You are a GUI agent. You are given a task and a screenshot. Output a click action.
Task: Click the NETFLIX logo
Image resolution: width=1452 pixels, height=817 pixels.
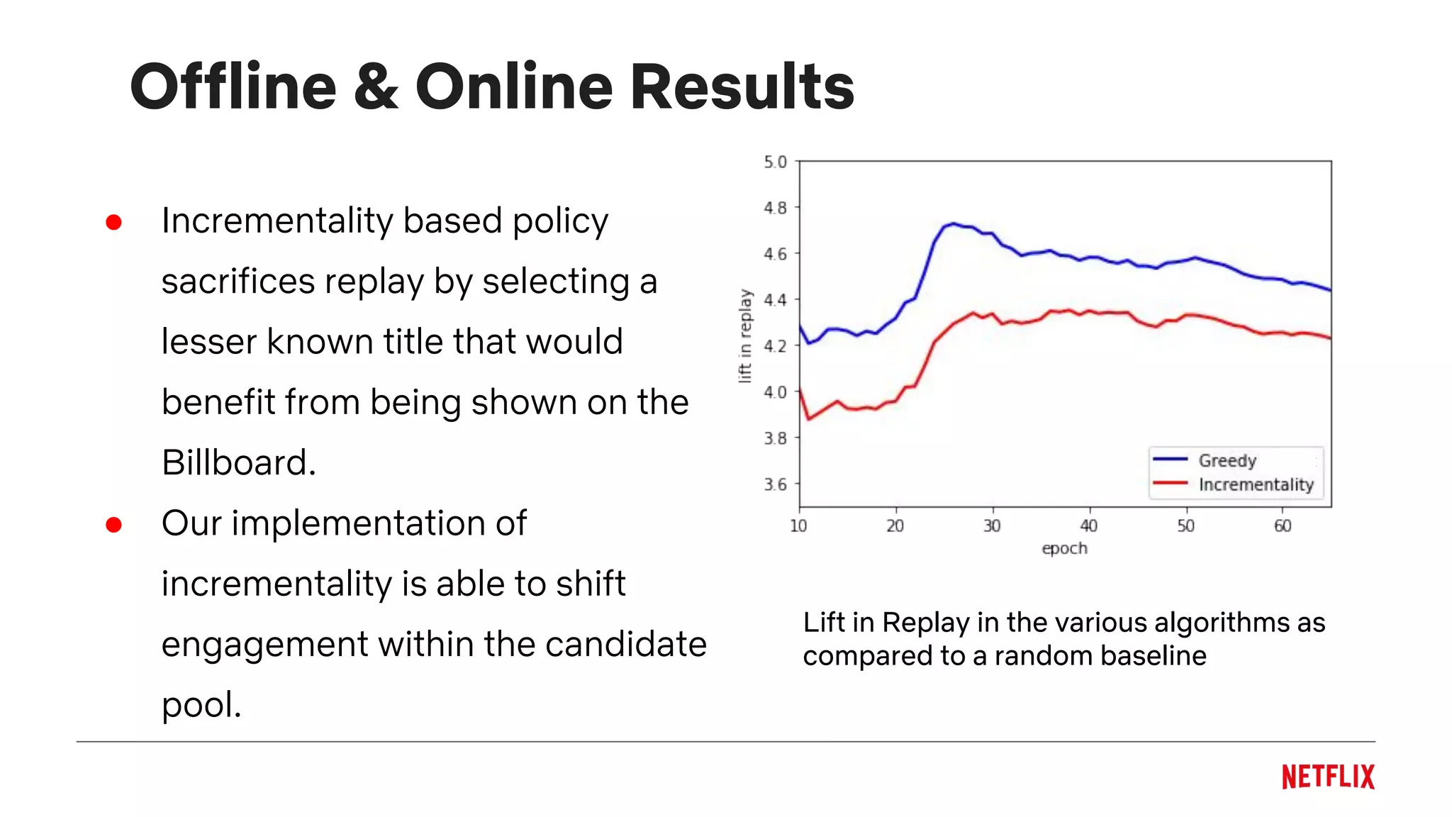coord(1328,777)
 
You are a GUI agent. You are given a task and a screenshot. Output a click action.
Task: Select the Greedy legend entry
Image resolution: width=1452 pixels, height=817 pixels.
coord(1227,460)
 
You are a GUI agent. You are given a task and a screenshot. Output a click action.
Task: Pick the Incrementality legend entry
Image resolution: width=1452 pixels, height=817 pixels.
coord(1256,484)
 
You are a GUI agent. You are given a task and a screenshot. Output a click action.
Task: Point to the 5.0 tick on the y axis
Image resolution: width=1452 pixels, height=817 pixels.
coord(775,162)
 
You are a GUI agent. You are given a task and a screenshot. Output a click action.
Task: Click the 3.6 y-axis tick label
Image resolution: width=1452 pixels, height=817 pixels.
coord(775,484)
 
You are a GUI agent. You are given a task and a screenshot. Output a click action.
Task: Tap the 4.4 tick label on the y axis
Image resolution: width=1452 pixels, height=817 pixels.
coord(775,299)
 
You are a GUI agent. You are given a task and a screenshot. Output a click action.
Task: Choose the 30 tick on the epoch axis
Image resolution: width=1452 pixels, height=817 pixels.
coord(992,526)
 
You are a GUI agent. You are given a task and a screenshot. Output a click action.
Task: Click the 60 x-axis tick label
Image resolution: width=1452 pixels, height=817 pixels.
coord(1283,526)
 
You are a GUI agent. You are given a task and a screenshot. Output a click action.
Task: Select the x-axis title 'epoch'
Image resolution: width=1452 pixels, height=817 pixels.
coord(1064,548)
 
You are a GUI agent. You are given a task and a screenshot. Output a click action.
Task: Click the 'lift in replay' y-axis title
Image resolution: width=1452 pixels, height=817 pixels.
coord(744,335)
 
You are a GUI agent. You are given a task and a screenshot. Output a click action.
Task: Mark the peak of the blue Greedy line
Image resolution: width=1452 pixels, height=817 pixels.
coord(953,223)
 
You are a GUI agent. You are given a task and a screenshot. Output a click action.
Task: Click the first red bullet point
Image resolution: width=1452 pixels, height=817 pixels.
coord(113,222)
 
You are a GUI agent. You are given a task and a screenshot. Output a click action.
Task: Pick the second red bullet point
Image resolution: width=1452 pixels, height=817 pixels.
coord(113,524)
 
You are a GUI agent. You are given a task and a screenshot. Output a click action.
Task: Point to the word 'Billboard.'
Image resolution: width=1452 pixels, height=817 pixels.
coord(238,462)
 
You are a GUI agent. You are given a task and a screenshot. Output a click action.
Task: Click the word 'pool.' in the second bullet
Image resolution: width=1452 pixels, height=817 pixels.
coord(201,705)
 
